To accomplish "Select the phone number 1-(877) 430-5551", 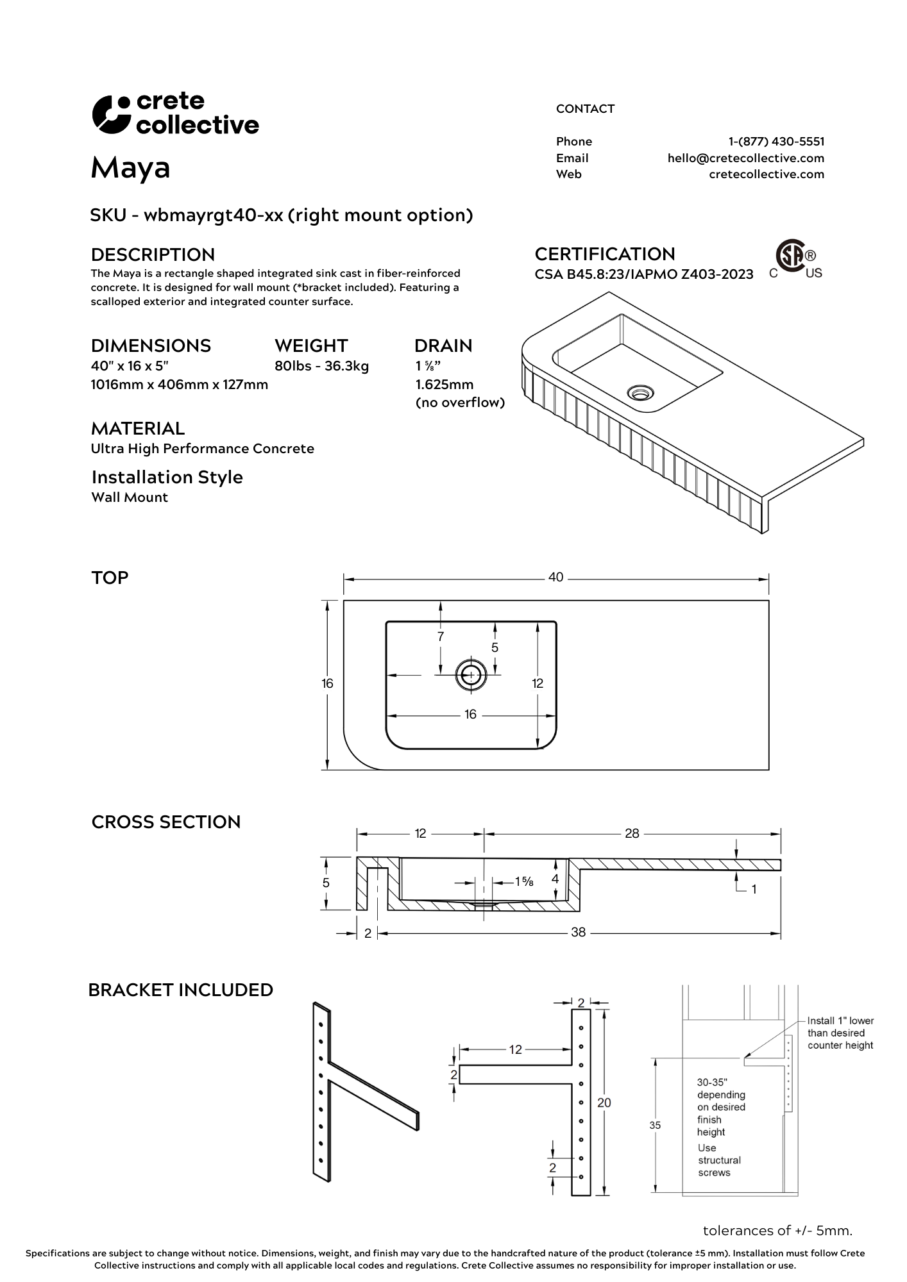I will pyautogui.click(x=776, y=142).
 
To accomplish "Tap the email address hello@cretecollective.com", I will pyautogui.click(x=745, y=158).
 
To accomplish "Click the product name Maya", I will pyautogui.click(x=130, y=168).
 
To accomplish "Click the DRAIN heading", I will pyautogui.click(x=443, y=346).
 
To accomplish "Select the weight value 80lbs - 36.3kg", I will pyautogui.click(x=321, y=367).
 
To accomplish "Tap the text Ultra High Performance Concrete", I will pyautogui.click(x=202, y=449).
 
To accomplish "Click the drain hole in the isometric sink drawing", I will pyautogui.click(x=639, y=392).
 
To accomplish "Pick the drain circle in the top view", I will pyautogui.click(x=471, y=674).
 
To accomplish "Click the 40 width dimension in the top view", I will pyautogui.click(x=555, y=578).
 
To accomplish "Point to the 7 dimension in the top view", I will pyautogui.click(x=441, y=637).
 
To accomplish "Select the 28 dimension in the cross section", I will pyautogui.click(x=632, y=833).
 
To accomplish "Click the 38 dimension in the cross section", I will pyautogui.click(x=578, y=933).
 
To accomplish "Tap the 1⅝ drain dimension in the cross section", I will pyautogui.click(x=524, y=881).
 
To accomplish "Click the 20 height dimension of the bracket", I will pyautogui.click(x=604, y=1103).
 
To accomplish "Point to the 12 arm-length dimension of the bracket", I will pyautogui.click(x=516, y=1049).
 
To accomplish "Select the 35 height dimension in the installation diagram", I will pyautogui.click(x=655, y=1125).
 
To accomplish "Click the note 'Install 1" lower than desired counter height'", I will pyautogui.click(x=840, y=1033).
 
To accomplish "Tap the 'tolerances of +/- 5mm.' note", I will pyautogui.click(x=777, y=1231).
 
